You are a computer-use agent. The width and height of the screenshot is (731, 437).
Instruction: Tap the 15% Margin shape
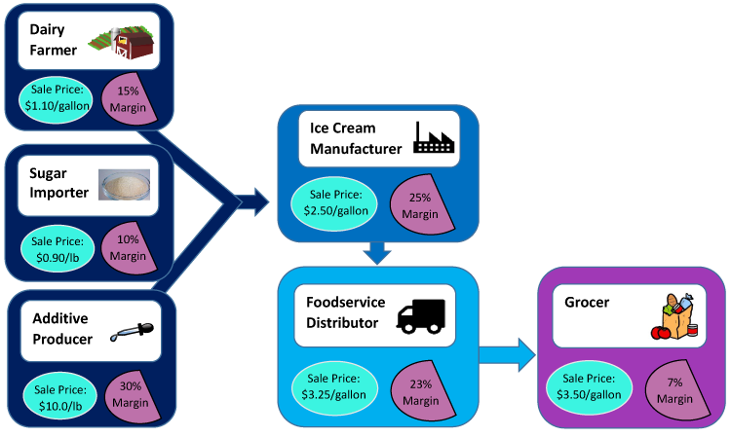[129, 97]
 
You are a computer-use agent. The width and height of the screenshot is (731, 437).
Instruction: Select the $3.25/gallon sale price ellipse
[333, 386]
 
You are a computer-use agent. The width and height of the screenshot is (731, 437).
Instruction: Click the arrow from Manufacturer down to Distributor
[377, 253]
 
